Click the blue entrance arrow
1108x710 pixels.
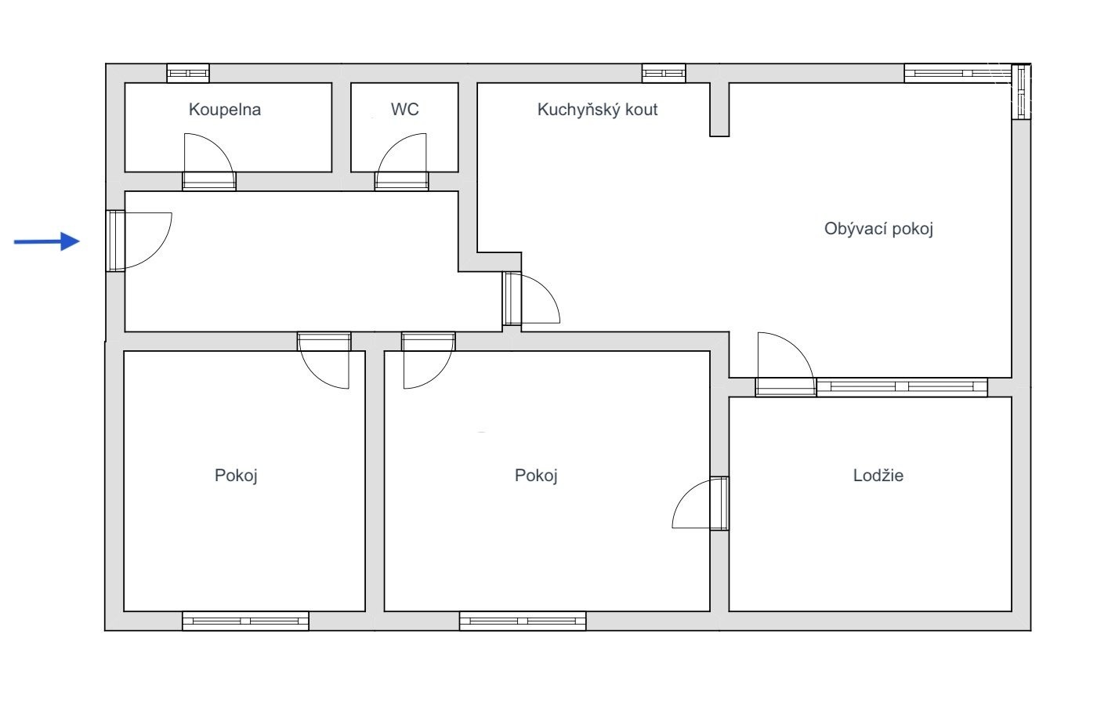46,241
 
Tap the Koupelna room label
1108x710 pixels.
225,110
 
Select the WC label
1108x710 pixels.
404,110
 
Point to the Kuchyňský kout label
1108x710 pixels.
597,110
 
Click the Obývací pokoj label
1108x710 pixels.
878,229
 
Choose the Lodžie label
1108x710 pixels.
878,476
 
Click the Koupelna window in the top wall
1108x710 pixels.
188,73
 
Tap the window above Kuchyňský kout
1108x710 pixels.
664,73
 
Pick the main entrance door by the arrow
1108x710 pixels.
139,241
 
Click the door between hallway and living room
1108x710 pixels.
530,299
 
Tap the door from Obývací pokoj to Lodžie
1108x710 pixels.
785,364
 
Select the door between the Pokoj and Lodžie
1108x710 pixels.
701,503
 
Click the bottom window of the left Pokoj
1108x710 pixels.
245,621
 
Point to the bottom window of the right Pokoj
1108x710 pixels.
523,621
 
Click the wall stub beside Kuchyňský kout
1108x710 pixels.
719,110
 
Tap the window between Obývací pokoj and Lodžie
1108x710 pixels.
902,387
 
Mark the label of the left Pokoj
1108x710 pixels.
236,476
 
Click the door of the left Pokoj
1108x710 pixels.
324,360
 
